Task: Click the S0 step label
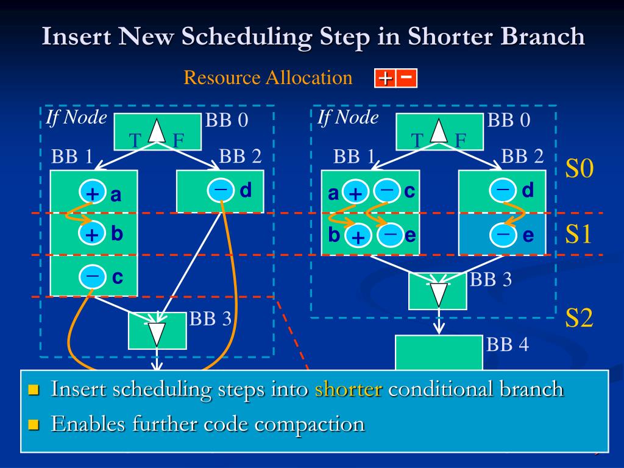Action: (579, 169)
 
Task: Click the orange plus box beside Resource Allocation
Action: (385, 79)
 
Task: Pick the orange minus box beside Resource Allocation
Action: (407, 78)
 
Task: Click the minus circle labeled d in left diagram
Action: (221, 190)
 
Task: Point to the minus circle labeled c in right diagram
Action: (386, 191)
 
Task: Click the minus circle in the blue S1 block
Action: (503, 234)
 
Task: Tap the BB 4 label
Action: (508, 344)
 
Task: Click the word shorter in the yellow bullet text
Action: (349, 389)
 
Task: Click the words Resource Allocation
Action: (268, 78)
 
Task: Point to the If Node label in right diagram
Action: (348, 117)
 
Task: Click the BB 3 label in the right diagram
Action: (491, 280)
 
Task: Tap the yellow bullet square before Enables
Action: (34, 424)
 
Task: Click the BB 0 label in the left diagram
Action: (226, 120)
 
